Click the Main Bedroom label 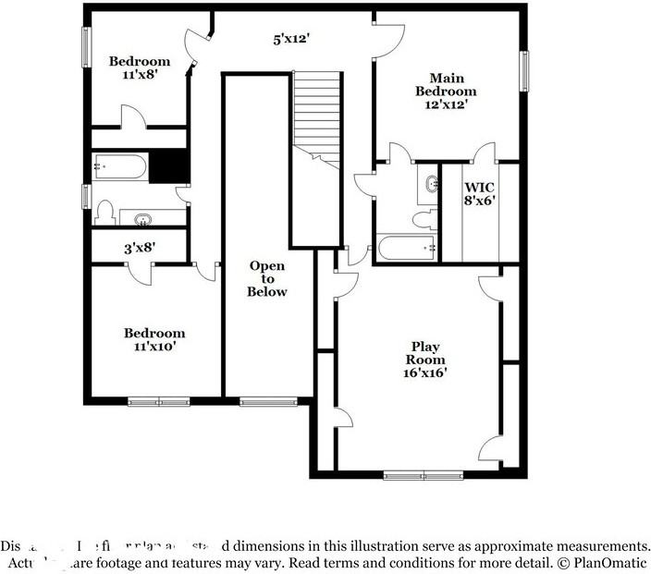[x=446, y=84]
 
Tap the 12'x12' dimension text [x=446, y=104]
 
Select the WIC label [x=480, y=186]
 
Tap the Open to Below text [x=267, y=278]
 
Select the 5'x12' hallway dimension [x=290, y=39]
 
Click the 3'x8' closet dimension [x=141, y=248]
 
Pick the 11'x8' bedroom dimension [x=140, y=76]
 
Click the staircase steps [x=317, y=116]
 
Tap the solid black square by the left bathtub [x=168, y=166]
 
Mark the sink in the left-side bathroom [x=144, y=219]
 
